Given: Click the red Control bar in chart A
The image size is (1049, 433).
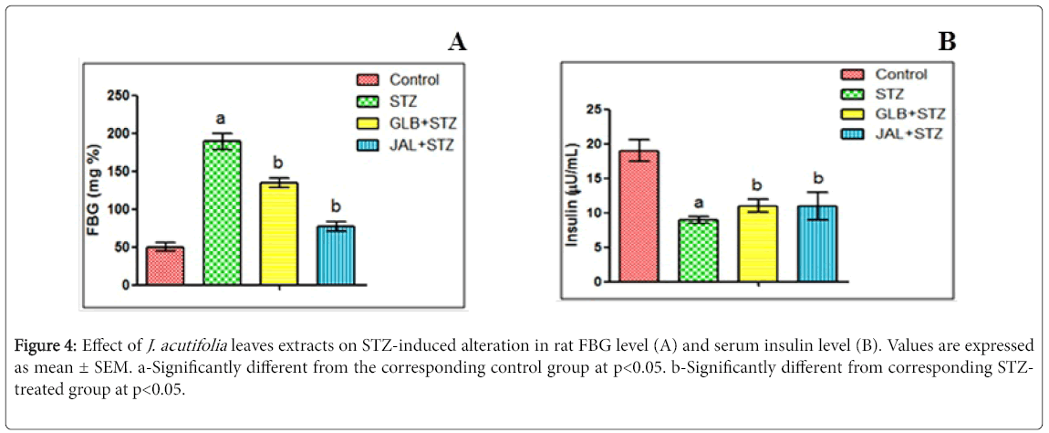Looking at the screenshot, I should pyautogui.click(x=165, y=266).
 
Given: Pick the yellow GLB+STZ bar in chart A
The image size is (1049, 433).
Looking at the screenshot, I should pyautogui.click(x=278, y=234).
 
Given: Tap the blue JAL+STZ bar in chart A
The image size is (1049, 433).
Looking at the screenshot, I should pyautogui.click(x=335, y=256).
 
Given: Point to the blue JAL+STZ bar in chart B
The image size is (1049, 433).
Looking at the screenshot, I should pyautogui.click(x=816, y=244).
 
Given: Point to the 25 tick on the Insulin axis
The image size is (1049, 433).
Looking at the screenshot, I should pyautogui.click(x=594, y=111).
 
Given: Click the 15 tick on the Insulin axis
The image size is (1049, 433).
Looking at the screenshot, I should pyautogui.click(x=594, y=179).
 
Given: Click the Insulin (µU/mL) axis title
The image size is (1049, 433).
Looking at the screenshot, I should pyautogui.click(x=572, y=197).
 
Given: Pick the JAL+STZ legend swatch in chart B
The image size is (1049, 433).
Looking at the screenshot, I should pyautogui.click(x=855, y=134).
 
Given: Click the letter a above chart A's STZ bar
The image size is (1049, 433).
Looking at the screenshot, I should pyautogui.click(x=220, y=119).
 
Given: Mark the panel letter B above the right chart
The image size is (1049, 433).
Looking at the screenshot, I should pyautogui.click(x=947, y=41).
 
